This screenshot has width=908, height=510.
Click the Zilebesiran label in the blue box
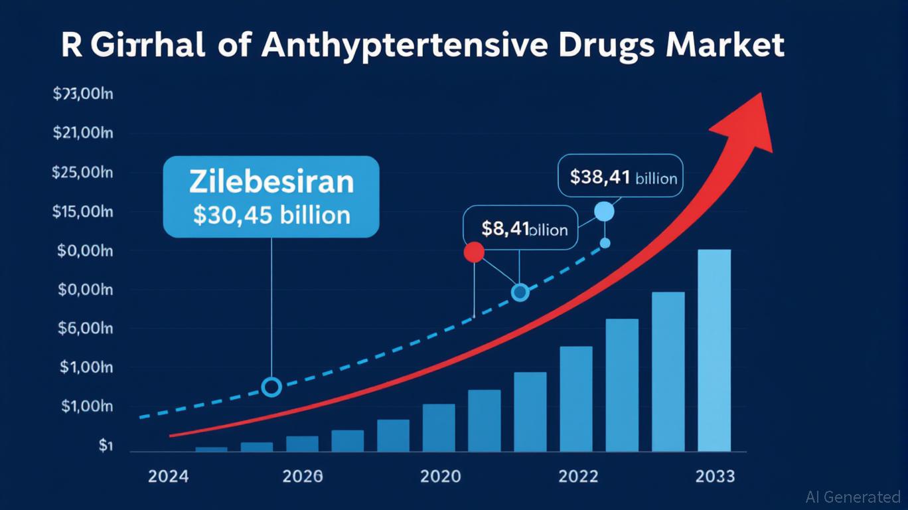pos(271,181)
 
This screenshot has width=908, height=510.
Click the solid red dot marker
pos(474,252)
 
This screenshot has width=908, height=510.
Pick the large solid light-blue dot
pos(604,212)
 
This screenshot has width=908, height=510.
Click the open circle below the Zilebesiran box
pos(271,386)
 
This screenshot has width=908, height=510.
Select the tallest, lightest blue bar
pos(714,351)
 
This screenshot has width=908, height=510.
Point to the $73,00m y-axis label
pos(82,94)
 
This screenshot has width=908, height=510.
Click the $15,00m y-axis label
pos(82,212)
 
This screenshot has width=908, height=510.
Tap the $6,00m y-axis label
pos(85,329)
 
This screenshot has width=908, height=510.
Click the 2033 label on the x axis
pos(715,477)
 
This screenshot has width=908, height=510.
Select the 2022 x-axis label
pos(578,477)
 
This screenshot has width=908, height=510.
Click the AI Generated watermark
pos(853,497)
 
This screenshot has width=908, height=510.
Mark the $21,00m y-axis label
pos(82,133)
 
